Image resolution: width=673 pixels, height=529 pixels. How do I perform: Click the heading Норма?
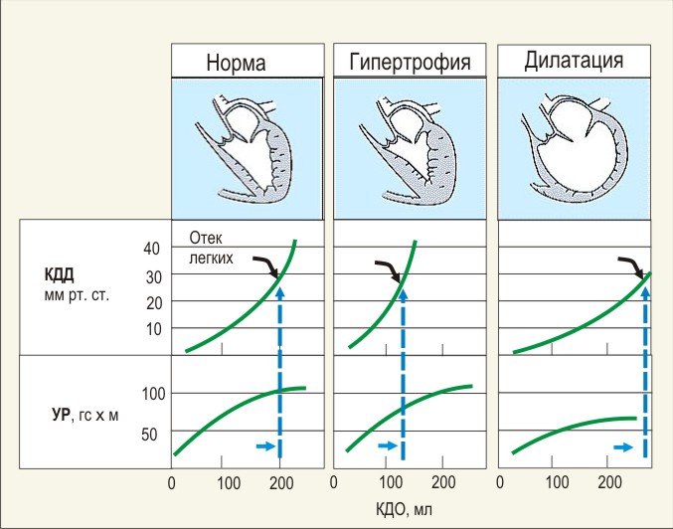[236, 63]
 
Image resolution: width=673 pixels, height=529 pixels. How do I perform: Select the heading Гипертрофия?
[410, 63]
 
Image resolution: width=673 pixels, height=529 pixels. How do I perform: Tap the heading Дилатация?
[574, 60]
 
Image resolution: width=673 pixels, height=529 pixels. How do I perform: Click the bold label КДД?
[60, 274]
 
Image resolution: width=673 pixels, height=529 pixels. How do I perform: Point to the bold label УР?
[61, 415]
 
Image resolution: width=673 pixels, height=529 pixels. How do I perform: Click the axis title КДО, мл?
[404, 510]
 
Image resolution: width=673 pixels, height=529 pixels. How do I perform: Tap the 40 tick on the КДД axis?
[151, 249]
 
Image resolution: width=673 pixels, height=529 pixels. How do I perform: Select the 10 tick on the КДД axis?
[154, 329]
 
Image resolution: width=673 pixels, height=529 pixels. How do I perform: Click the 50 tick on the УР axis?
[149, 435]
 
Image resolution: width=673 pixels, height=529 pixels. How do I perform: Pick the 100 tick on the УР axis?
[153, 394]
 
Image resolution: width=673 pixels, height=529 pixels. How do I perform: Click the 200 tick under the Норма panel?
[281, 483]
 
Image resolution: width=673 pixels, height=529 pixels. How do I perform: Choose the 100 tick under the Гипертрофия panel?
[391, 482]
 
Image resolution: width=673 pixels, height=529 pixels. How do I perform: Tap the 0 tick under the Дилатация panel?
[500, 482]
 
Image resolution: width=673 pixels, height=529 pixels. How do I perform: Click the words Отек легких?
[211, 248]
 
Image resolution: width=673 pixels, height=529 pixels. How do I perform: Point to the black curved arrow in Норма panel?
[266, 267]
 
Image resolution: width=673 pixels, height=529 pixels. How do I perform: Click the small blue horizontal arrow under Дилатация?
[623, 447]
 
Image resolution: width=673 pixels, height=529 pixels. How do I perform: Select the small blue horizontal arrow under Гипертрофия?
[388, 445]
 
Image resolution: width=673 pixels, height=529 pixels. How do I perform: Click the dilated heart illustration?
[574, 148]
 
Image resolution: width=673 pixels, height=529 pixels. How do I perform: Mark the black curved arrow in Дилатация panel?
[631, 267]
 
